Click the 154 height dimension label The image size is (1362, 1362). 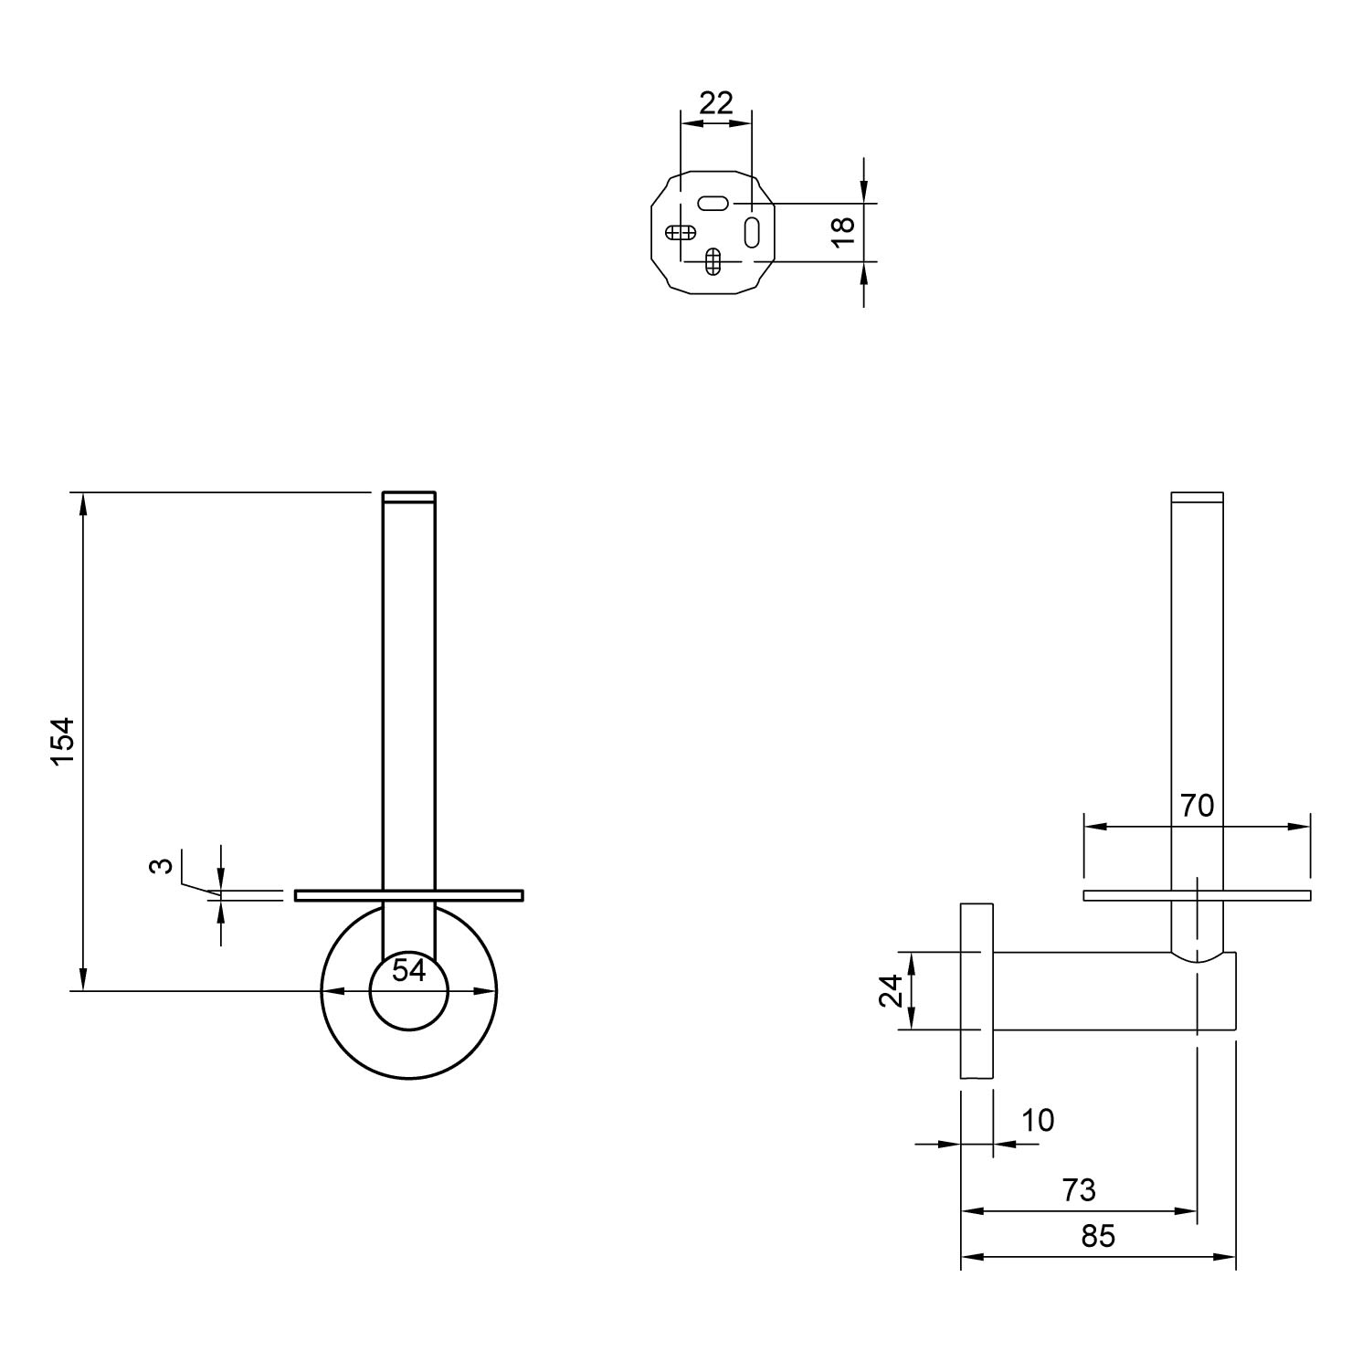62,741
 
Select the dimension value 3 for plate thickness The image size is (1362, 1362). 162,864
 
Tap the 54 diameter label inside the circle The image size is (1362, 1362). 409,970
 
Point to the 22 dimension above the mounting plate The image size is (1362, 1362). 715,103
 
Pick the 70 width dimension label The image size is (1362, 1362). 1197,806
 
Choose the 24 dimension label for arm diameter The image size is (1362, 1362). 892,990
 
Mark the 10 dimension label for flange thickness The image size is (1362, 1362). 1038,1119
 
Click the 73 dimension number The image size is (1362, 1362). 1079,1190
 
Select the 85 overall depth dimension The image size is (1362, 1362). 1098,1236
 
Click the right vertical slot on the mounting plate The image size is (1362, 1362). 752,231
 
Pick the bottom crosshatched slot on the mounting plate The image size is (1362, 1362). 714,261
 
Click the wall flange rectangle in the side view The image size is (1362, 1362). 977,991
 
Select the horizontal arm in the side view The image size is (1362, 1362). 1114,991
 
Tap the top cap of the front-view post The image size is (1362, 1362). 408,497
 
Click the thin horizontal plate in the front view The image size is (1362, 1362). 408,895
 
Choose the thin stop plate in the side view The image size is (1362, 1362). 1197,895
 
